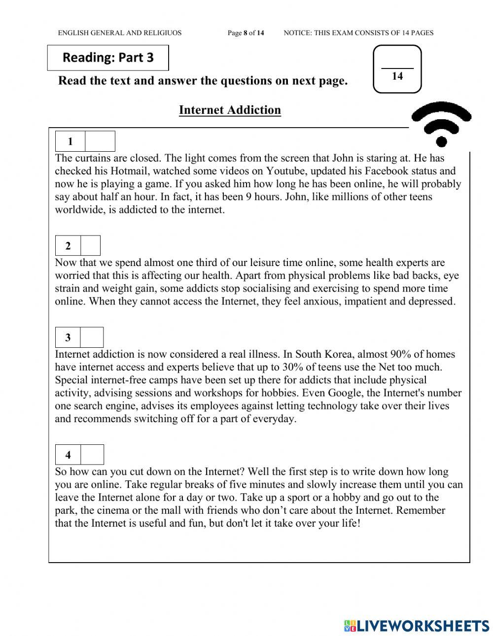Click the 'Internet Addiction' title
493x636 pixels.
[x=230, y=110]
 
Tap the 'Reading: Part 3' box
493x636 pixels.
[x=108, y=58]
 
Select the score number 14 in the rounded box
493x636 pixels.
[x=397, y=76]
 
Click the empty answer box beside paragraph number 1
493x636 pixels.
[x=100, y=141]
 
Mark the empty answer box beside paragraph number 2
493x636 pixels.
[x=90, y=246]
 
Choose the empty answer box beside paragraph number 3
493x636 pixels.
[x=92, y=337]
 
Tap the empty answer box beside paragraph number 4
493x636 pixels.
[x=92, y=455]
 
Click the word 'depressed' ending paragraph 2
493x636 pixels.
[x=430, y=301]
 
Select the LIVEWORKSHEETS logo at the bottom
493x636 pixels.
[x=417, y=626]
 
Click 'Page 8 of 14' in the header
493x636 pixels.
[x=246, y=33]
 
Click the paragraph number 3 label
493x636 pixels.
[x=68, y=337]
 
